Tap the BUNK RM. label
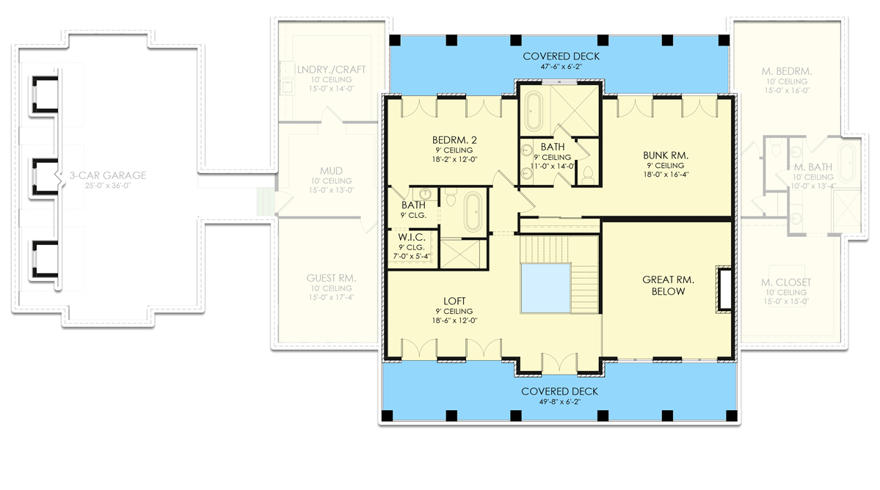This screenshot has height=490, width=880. coord(665,156)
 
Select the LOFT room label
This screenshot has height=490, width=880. coord(453,301)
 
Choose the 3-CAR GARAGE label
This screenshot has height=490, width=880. coord(108,175)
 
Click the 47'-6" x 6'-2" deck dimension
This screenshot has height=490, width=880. coord(561,66)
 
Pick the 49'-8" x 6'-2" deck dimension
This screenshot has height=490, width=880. coord(560,401)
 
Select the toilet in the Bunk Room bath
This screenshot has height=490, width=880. coord(586,175)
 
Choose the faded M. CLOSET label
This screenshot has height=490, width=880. coord(787,282)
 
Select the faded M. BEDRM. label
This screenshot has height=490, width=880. coord(787,71)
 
